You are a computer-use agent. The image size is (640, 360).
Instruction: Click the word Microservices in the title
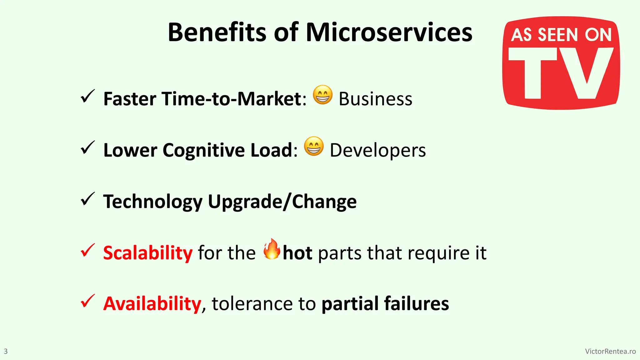tap(389, 32)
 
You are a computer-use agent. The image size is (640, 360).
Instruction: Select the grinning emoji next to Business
tap(322, 95)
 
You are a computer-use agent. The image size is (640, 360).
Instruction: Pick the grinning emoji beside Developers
tap(314, 146)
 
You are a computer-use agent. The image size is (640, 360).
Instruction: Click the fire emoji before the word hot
tap(271, 249)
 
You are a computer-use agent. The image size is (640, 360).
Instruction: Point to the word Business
tap(375, 99)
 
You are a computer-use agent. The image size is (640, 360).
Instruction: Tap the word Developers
tap(377, 150)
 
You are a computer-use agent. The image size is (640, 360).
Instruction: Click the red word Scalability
tap(148, 253)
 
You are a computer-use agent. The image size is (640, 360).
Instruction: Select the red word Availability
tap(152, 304)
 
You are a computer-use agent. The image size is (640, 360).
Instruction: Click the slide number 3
tap(6, 351)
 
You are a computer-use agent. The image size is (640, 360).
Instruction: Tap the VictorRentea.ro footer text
tap(610, 351)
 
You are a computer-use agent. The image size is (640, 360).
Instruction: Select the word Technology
tap(153, 202)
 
